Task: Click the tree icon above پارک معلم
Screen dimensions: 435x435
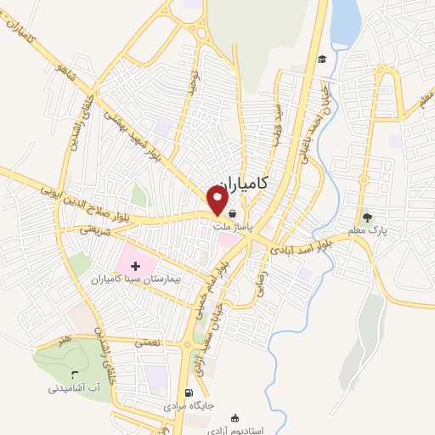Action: click(367, 216)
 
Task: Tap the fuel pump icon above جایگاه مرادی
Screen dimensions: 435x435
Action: click(189, 393)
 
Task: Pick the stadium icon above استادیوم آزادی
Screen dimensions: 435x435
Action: click(247, 417)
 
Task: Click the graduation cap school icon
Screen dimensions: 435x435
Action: click(322, 59)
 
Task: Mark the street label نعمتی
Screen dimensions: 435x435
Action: click(145, 341)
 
